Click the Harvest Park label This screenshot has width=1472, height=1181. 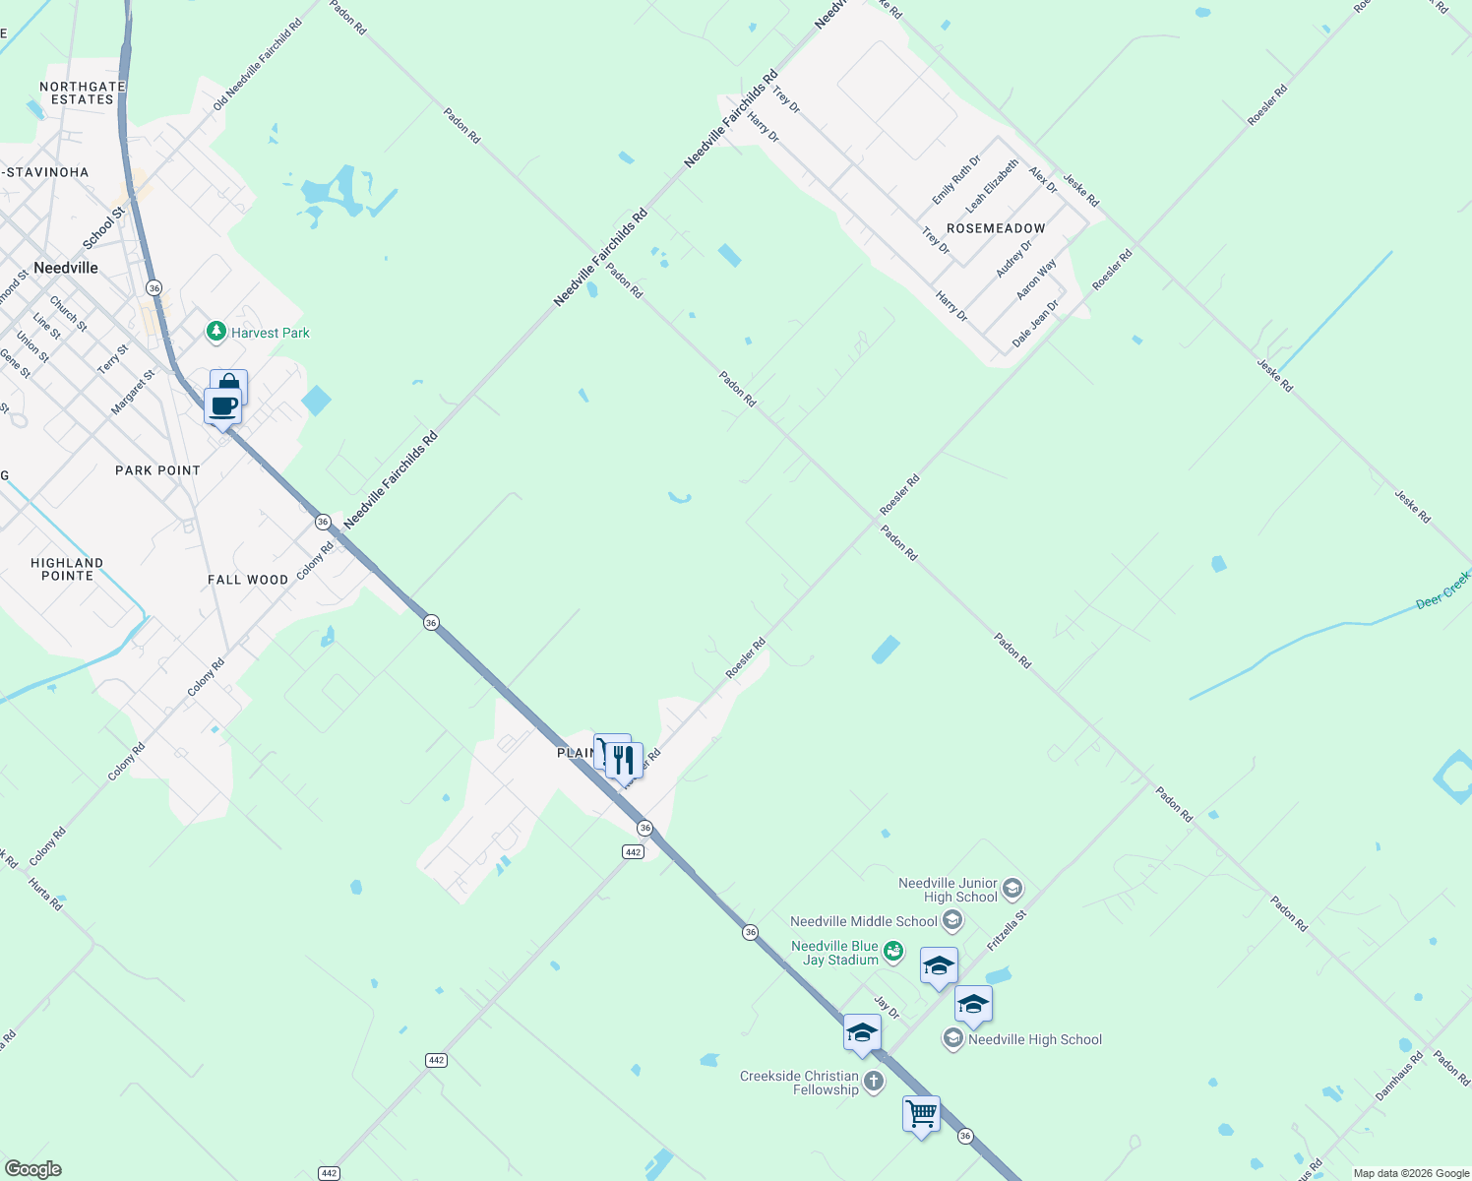[x=270, y=334]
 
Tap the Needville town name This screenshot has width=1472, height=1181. [x=66, y=268]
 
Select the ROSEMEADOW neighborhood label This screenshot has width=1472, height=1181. [x=996, y=228]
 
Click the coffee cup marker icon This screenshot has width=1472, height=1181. [x=223, y=405]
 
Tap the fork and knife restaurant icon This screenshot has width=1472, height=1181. [x=624, y=760]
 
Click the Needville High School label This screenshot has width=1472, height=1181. [x=1034, y=1040]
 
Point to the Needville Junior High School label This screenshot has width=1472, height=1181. [x=948, y=890]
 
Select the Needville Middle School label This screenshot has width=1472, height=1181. [x=864, y=922]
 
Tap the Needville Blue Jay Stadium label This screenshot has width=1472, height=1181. [x=835, y=953]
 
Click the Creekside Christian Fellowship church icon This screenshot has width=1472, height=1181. [x=874, y=1083]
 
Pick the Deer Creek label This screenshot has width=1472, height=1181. [x=1442, y=590]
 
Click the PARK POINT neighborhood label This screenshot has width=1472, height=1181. [x=157, y=470]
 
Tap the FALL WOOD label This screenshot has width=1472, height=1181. [x=248, y=580]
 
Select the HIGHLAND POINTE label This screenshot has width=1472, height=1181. [x=67, y=569]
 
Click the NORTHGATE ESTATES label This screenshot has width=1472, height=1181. [x=83, y=93]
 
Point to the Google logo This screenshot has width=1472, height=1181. [x=33, y=1169]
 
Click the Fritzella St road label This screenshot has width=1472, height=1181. [x=1007, y=930]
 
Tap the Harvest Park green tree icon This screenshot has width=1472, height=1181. [x=216, y=333]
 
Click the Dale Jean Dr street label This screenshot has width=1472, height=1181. [x=1036, y=324]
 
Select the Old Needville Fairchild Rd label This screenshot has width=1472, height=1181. [x=258, y=64]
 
